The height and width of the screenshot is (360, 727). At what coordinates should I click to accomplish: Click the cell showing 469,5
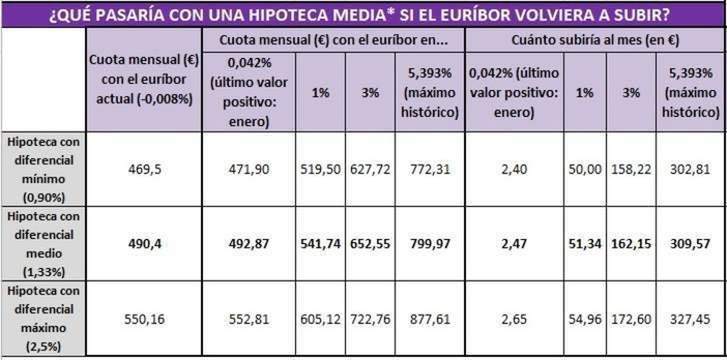144,170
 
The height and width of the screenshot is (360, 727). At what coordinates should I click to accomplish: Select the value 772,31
430,170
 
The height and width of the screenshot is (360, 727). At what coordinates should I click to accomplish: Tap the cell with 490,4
144,244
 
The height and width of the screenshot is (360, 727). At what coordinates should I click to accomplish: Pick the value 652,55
370,244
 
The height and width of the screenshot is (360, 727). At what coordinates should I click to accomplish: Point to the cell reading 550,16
144,320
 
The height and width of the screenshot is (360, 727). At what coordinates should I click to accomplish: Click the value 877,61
430,320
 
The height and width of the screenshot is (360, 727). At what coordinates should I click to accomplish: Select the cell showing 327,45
690,320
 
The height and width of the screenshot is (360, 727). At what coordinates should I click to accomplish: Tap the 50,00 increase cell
585,170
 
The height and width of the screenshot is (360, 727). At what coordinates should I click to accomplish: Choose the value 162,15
631,244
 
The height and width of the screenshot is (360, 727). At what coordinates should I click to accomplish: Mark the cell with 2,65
514,320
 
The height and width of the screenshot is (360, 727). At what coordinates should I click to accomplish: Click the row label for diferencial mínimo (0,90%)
43,170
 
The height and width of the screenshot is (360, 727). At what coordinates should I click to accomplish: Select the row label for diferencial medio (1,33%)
43,244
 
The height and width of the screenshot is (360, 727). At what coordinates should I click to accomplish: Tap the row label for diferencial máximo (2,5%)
43,319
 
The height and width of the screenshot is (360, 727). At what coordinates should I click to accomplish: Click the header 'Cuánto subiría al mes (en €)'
595,40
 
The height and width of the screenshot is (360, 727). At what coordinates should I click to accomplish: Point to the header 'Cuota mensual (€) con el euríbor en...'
334,40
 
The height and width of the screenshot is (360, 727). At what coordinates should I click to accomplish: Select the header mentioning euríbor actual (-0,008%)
144,80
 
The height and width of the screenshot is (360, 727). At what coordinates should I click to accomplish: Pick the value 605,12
320,320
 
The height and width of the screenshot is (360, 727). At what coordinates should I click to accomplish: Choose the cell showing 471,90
249,170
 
